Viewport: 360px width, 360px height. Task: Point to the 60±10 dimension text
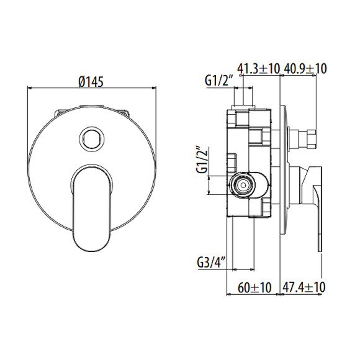point(253,287)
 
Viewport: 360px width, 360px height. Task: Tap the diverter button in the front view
point(91,137)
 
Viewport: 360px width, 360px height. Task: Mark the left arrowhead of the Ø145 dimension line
point(30,89)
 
